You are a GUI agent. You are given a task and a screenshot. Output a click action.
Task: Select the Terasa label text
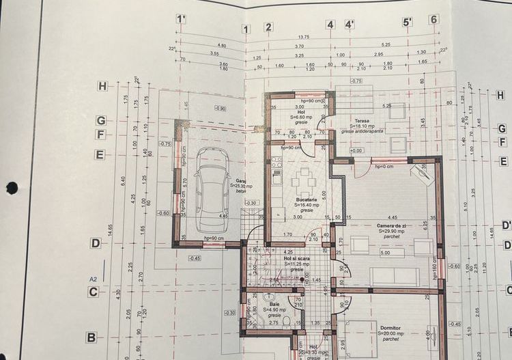tap(361, 120)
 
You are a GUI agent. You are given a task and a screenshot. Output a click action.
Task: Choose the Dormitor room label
tap(391, 328)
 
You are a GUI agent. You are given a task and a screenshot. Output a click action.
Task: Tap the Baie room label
tap(274, 305)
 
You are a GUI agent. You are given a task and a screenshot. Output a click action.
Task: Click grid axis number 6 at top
tap(433, 19)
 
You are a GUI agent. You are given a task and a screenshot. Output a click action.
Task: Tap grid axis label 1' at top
tap(181, 19)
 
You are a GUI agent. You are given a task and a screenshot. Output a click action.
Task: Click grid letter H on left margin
tap(102, 87)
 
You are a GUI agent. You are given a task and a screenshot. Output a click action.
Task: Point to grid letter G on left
tap(100, 120)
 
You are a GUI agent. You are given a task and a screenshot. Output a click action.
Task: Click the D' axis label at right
tap(506, 225)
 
